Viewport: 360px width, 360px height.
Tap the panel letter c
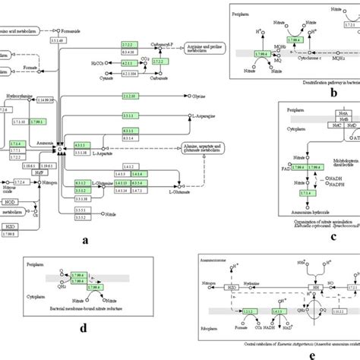click(333, 236)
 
